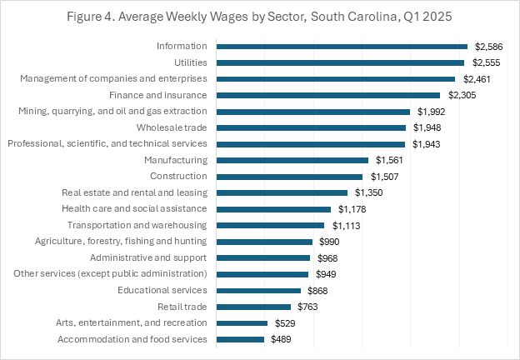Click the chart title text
point(259,16)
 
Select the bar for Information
point(341,47)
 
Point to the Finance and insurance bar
point(327,95)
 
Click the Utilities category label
point(189,62)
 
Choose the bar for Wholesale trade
point(310,127)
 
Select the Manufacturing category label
point(176,160)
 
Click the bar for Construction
point(289,177)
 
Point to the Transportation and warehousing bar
point(269,225)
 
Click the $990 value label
point(331,242)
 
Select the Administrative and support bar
point(262,257)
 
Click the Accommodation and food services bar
point(240,339)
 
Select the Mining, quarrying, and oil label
point(112,112)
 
